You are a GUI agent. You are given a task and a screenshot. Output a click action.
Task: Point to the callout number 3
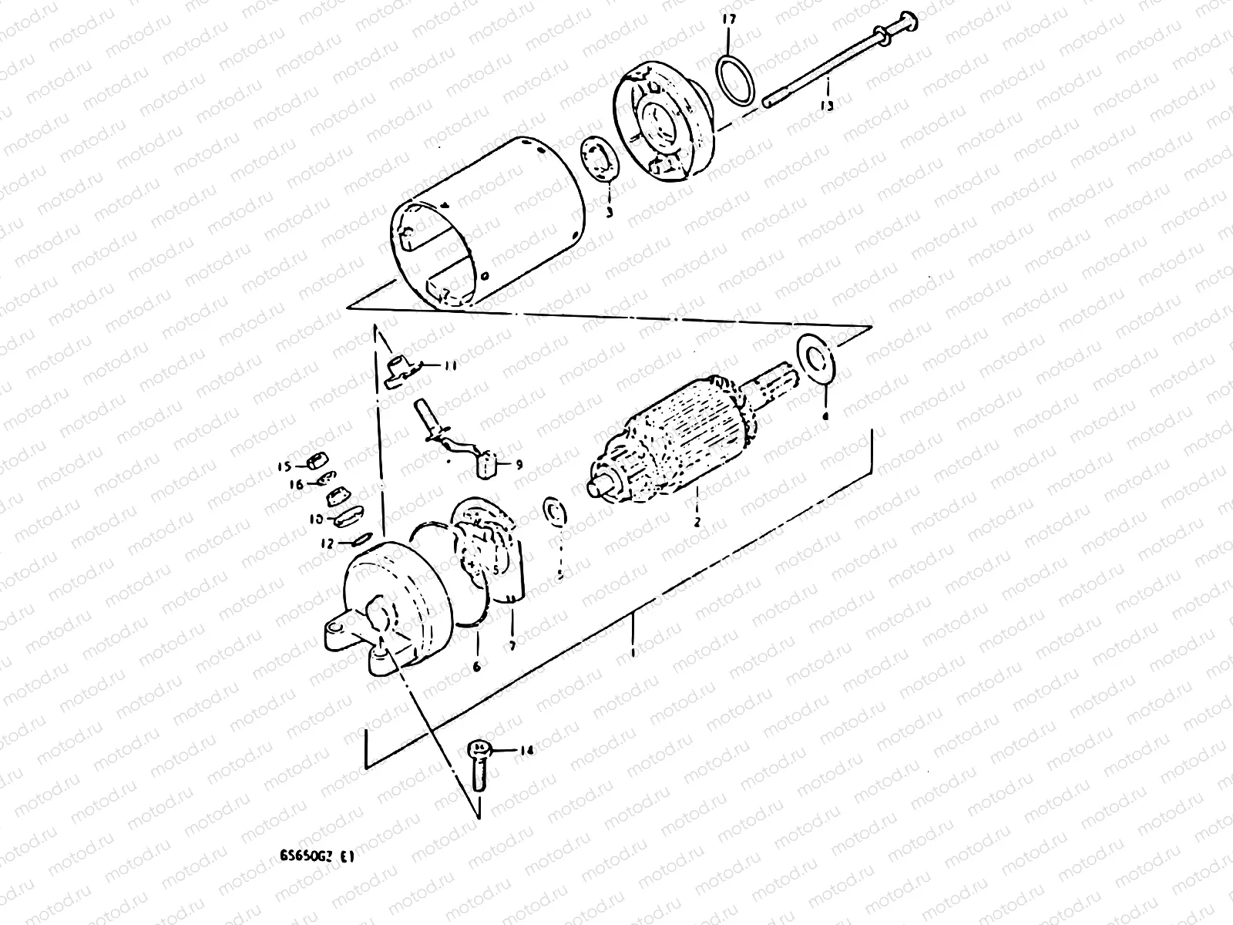(608, 211)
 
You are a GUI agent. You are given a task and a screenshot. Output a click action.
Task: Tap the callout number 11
(449, 366)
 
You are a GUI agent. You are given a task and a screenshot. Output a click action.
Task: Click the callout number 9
(518, 464)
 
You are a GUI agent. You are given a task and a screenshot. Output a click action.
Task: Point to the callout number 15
(284, 466)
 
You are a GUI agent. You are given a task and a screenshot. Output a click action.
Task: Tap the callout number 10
(317, 520)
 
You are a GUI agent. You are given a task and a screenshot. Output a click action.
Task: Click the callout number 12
(328, 543)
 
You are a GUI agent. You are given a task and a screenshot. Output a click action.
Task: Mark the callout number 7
(512, 644)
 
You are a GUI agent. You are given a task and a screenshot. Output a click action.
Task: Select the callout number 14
(526, 749)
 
